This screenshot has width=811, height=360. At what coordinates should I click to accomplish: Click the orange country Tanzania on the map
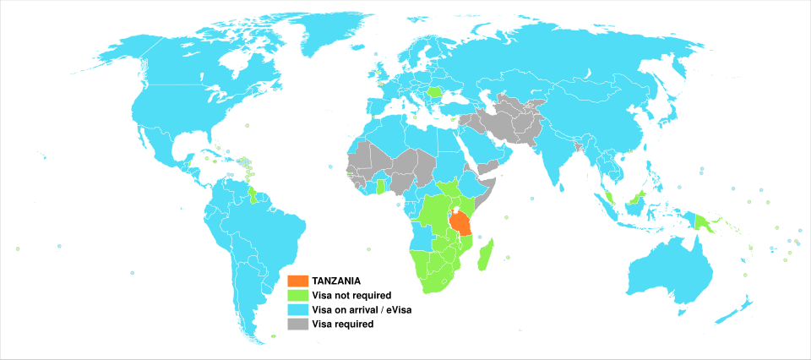(x=460, y=225)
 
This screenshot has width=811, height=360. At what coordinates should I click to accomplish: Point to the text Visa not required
(x=351, y=295)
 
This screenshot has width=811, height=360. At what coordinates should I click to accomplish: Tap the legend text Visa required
(x=342, y=324)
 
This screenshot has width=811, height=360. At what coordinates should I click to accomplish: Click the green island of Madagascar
(x=485, y=254)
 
